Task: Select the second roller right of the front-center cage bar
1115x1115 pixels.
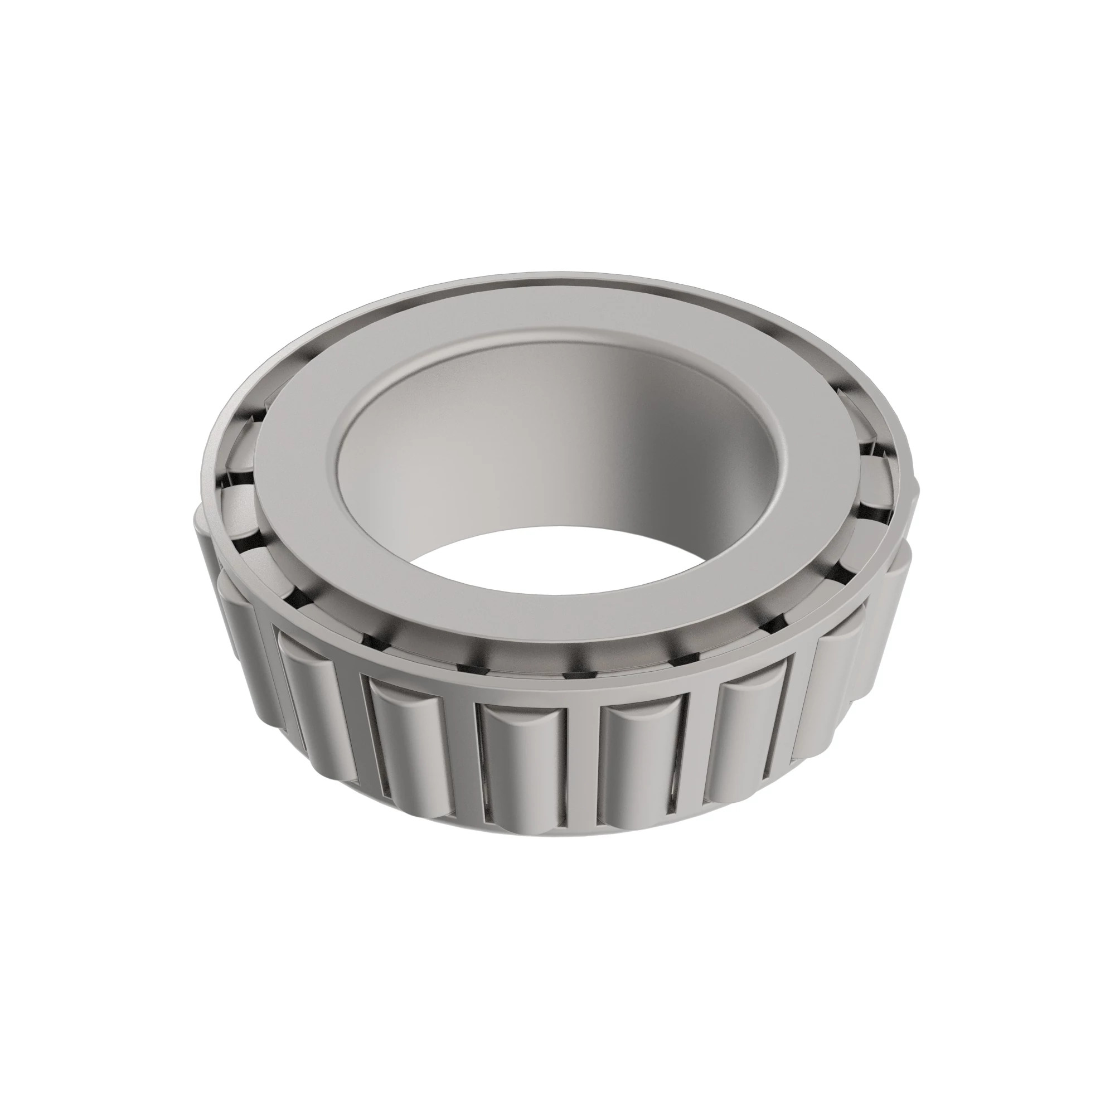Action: [x=750, y=733]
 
